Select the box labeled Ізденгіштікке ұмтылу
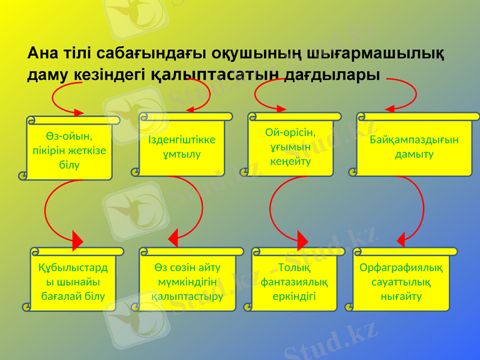[x=182, y=147]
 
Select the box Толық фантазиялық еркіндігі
[x=295, y=281]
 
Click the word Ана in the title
[x=44, y=54]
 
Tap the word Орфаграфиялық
[x=401, y=267]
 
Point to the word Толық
[x=295, y=267]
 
